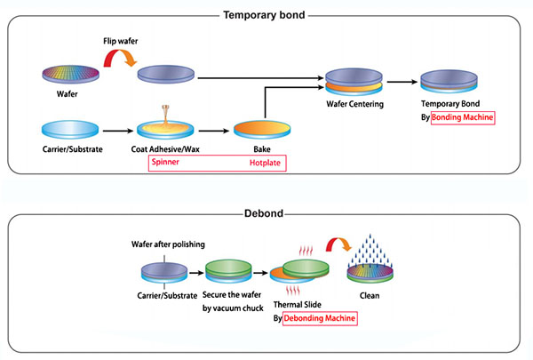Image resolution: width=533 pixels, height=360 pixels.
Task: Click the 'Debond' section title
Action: pos(266,213)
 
